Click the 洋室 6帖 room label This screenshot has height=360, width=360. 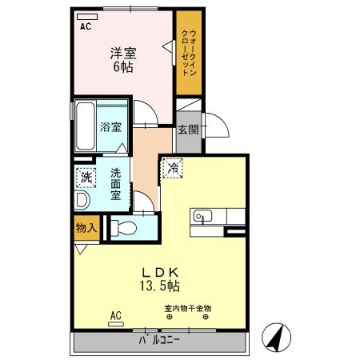[x=123, y=61]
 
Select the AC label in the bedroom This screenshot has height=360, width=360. [x=86, y=26]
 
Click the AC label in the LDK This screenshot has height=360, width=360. [x=114, y=314]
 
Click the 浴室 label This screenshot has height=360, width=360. [x=110, y=127]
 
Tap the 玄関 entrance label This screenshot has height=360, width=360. [x=188, y=130]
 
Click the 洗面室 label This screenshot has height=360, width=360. [x=116, y=183]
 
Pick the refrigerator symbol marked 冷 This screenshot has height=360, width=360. [x=173, y=169]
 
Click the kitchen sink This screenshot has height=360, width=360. [x=201, y=216]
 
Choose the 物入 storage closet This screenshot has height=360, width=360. [x=86, y=228]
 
